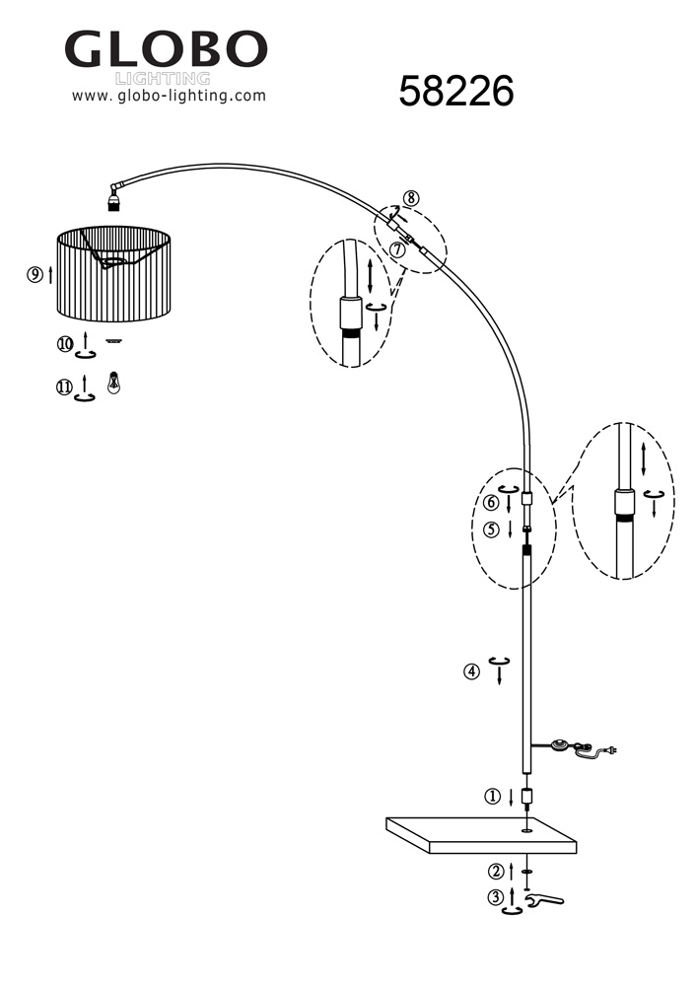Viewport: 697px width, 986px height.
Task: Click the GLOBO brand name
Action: (166, 49)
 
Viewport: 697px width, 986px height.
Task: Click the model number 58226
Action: (456, 93)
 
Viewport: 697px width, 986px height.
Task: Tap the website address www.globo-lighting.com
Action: (169, 96)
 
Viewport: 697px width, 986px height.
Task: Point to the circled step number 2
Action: (496, 872)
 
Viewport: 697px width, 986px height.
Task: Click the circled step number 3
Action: (496, 897)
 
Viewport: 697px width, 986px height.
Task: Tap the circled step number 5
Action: (491, 529)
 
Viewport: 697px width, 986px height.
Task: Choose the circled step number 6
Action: (491, 502)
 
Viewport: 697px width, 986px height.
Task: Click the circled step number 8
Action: (410, 197)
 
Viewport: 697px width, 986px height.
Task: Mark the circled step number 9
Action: (35, 275)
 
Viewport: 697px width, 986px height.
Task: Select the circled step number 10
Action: (64, 344)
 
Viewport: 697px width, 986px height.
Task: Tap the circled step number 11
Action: (64, 387)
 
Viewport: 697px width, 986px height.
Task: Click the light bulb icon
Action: (114, 382)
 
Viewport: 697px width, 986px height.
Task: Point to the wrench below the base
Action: (541, 899)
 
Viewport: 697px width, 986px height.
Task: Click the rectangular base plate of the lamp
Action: (481, 834)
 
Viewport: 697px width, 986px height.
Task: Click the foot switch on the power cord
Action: (563, 744)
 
